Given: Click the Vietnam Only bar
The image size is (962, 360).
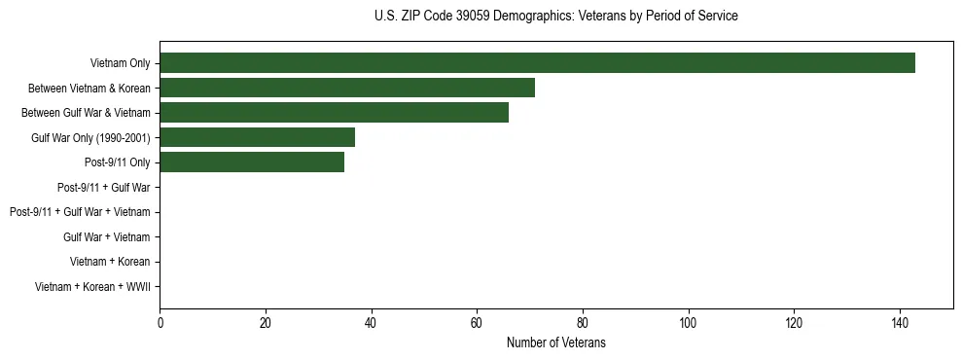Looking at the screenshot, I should tap(537, 63).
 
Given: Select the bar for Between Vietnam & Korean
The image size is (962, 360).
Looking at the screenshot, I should tap(347, 88).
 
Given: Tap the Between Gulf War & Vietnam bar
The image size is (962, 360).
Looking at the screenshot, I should tap(334, 113).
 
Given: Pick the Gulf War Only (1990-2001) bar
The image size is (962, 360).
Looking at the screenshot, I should tap(257, 137).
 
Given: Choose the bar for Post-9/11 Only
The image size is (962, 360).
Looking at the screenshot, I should tap(252, 162).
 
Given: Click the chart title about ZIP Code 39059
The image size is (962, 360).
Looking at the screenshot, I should tap(555, 17).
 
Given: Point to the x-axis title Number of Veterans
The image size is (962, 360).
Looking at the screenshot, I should tap(555, 342).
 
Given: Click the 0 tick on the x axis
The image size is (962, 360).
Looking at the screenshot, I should tap(160, 322).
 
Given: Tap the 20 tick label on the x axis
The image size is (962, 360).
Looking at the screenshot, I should tap(266, 322).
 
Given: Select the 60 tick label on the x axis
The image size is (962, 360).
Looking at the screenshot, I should tap(477, 322).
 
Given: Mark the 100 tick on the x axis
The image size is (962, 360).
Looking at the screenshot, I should tap(689, 322).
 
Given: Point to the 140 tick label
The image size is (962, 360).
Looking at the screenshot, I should tap(900, 322).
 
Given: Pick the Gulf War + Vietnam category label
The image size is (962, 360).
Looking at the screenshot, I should tap(106, 237).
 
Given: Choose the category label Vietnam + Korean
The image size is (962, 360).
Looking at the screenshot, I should tap(110, 262).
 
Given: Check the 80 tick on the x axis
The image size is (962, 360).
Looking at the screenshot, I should tap(583, 322).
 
